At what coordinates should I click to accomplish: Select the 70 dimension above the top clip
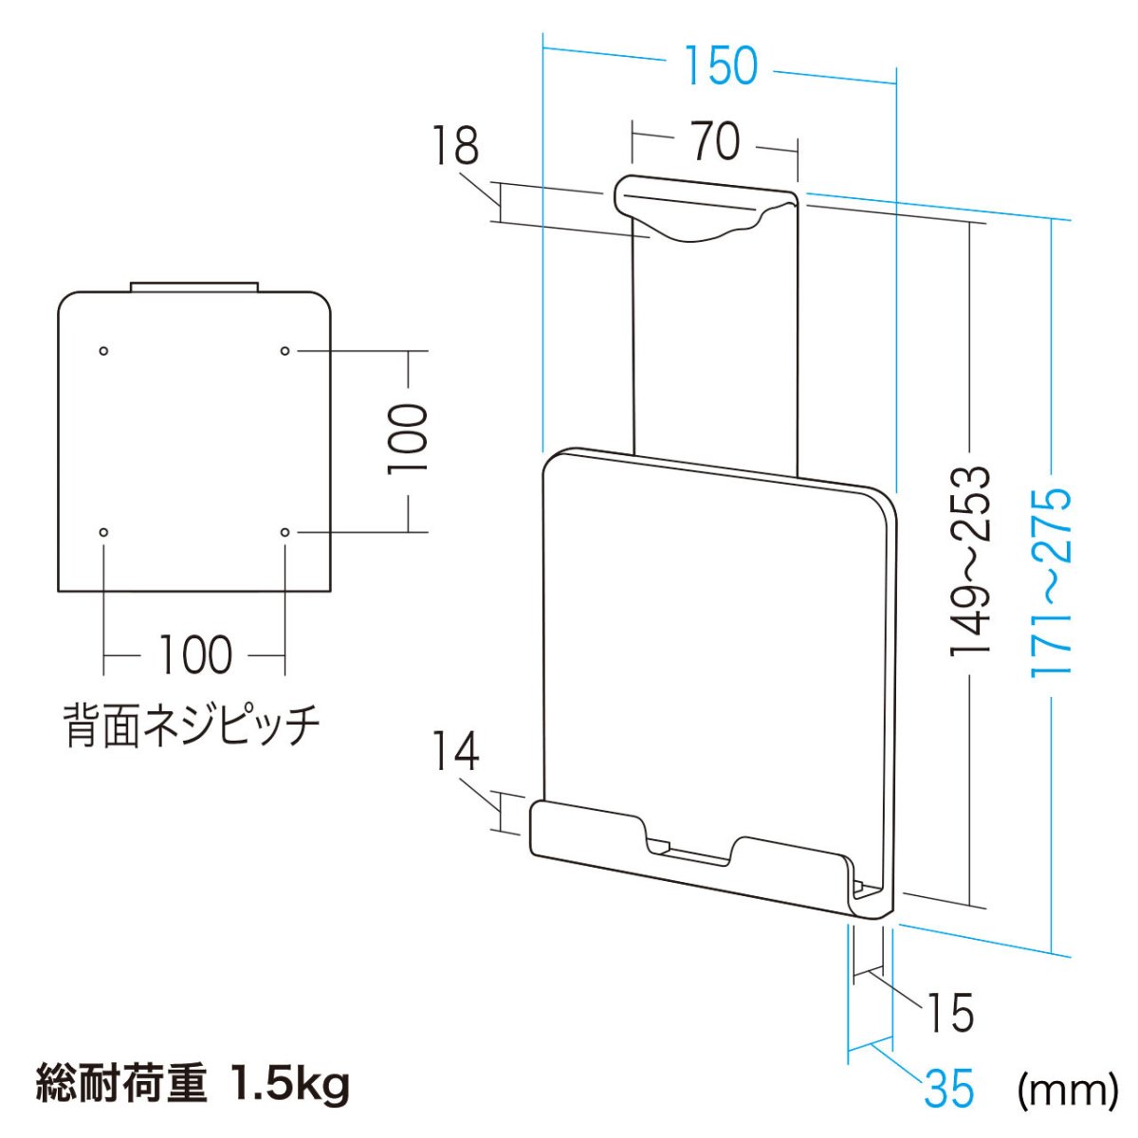pos(714,142)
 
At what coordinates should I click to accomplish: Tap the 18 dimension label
pos(456,147)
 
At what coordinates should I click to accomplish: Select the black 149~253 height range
pos(969,560)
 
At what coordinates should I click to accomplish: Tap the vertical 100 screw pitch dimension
pos(408,440)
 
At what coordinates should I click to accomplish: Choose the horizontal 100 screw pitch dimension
pos(193,655)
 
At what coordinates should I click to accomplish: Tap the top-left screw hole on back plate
pos(104,351)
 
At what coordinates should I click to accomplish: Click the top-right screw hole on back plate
pos(284,351)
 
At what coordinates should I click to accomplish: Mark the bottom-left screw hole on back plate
pos(104,532)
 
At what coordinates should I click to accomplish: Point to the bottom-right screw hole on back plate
pos(284,532)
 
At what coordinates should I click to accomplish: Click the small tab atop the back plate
pos(194,285)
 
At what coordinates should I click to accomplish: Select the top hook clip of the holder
pos(702,211)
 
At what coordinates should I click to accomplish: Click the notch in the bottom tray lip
pos(689,848)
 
